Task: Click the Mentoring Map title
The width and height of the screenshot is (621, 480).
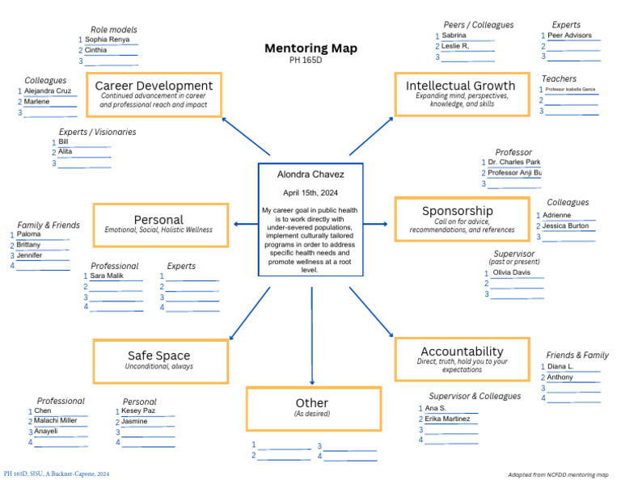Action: tap(310, 48)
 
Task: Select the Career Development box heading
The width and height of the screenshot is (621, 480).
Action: tap(154, 86)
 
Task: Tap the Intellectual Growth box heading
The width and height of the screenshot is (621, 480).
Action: tap(460, 86)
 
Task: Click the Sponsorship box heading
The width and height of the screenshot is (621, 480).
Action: tap(457, 211)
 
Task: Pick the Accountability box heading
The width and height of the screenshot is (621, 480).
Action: tap(462, 352)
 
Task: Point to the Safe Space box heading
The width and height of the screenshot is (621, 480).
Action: tap(158, 356)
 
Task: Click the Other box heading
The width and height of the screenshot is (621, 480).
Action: tap(312, 403)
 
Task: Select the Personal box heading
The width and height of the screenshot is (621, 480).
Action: tap(158, 220)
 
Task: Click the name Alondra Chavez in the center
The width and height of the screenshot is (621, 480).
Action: tap(310, 175)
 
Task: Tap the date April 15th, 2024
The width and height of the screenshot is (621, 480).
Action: tap(310, 193)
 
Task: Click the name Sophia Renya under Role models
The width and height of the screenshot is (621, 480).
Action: tap(107, 39)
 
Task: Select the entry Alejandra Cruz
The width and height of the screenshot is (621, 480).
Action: tap(49, 91)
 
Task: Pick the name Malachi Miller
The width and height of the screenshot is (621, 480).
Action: tap(56, 420)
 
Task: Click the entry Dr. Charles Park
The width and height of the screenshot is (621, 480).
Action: tap(513, 162)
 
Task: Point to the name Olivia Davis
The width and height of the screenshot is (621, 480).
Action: tap(511, 272)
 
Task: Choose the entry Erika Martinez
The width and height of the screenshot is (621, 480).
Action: tap(447, 419)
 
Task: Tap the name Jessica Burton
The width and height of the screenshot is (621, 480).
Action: tap(566, 226)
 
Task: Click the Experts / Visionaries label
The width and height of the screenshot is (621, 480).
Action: tap(97, 132)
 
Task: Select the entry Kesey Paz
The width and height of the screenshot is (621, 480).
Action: tap(138, 411)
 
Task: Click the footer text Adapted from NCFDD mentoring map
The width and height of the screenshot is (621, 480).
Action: tap(557, 474)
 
